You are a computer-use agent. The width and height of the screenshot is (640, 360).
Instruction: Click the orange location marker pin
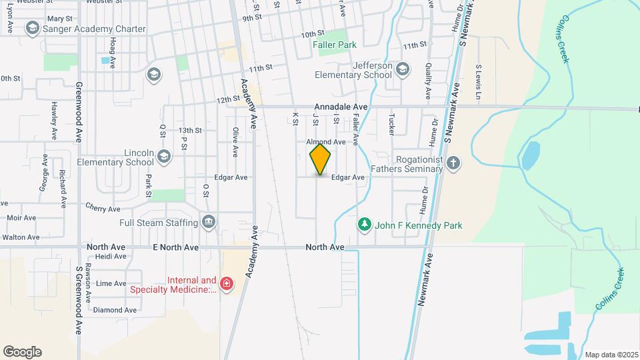(321, 159)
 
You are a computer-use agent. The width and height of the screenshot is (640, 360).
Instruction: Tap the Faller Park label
(335, 45)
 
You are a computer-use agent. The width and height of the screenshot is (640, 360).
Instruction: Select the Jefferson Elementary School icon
(402, 69)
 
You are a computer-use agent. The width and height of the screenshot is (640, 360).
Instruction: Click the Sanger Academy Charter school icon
(32, 29)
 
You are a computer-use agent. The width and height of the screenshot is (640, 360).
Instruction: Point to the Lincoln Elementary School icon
(165, 156)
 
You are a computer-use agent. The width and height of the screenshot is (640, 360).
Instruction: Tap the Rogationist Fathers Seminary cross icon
(453, 163)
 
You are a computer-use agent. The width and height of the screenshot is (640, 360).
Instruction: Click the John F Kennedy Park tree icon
(364, 225)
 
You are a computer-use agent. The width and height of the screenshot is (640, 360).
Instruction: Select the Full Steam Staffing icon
(209, 222)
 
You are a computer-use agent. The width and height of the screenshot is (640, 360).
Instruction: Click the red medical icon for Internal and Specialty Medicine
(227, 284)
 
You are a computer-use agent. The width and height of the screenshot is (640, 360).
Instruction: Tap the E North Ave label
(175, 247)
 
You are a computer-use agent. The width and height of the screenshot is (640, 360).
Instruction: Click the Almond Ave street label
(325, 142)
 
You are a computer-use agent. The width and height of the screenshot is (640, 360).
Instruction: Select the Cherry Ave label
(102, 209)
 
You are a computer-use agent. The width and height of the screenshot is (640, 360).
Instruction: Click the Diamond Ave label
(115, 310)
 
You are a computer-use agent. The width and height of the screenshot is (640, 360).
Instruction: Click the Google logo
(22, 351)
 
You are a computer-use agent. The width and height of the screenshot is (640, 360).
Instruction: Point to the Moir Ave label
(21, 217)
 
